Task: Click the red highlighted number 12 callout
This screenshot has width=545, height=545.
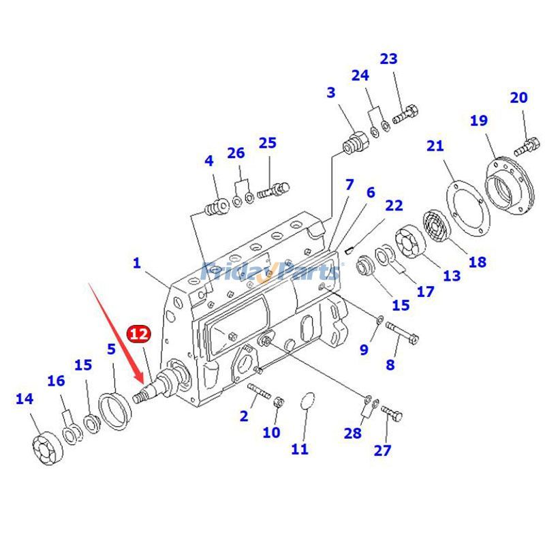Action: [138, 334]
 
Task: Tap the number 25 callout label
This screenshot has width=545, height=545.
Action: [267, 143]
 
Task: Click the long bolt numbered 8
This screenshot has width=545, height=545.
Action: [403, 332]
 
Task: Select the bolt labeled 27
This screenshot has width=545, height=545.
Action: [392, 413]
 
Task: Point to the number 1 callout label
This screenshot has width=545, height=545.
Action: [136, 262]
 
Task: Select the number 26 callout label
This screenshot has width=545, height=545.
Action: [236, 153]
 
